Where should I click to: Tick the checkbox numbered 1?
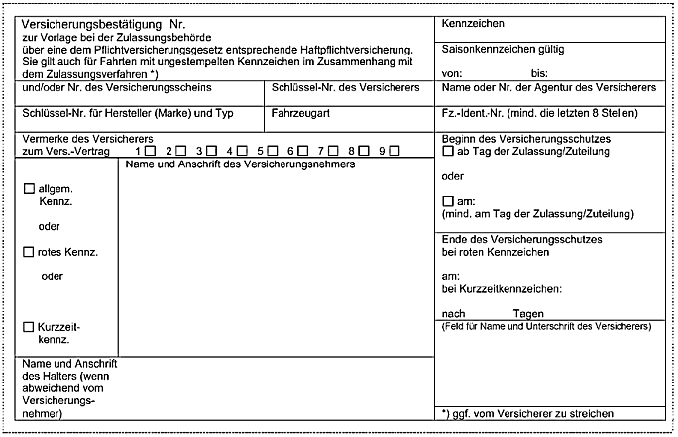click(149, 151)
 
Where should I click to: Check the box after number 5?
click(272, 151)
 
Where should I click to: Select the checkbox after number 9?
click(395, 151)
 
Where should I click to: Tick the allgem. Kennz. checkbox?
click(29, 187)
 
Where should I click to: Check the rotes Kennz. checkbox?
click(29, 253)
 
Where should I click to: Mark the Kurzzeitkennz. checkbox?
click(29, 326)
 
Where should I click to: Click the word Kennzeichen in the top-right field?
click(473, 23)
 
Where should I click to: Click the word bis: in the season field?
click(539, 73)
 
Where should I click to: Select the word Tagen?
click(529, 313)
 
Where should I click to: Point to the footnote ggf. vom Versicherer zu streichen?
click(535, 413)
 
